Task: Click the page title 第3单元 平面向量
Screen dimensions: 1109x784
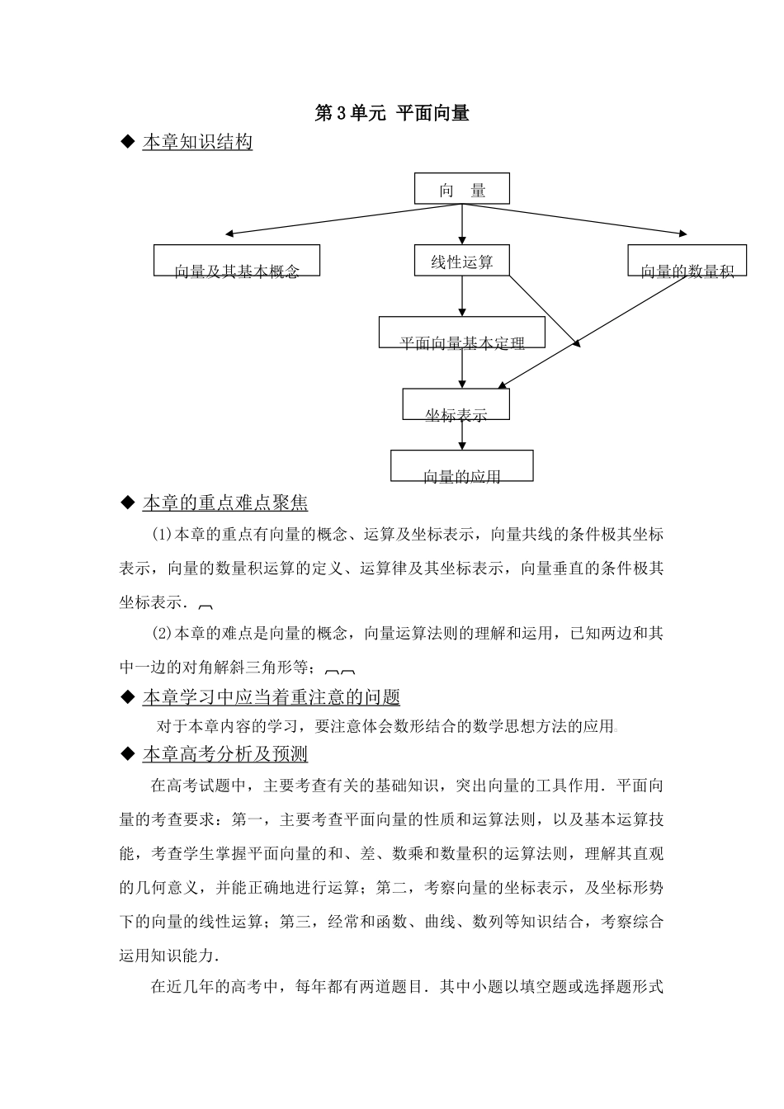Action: (392, 114)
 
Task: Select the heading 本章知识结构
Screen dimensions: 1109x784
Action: (197, 143)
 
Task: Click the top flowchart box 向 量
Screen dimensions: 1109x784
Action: (461, 189)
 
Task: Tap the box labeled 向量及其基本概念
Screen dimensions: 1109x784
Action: (237, 261)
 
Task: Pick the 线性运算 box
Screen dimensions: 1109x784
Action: (461, 261)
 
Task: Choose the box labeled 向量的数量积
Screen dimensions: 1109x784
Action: (687, 261)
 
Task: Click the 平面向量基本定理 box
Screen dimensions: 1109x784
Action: (461, 333)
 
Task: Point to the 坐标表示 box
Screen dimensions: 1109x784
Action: (456, 404)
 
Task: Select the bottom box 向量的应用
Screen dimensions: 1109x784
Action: (461, 466)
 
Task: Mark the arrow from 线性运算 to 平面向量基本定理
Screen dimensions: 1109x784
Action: (461, 295)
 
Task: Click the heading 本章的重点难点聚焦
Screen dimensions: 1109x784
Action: (224, 503)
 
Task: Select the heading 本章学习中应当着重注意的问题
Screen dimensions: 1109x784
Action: (271, 697)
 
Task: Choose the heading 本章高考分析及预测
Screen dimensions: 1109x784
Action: (224, 754)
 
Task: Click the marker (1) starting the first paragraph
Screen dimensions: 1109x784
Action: (160, 535)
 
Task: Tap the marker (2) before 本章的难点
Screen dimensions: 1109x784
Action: (160, 634)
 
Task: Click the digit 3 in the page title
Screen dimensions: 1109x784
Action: (341, 115)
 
